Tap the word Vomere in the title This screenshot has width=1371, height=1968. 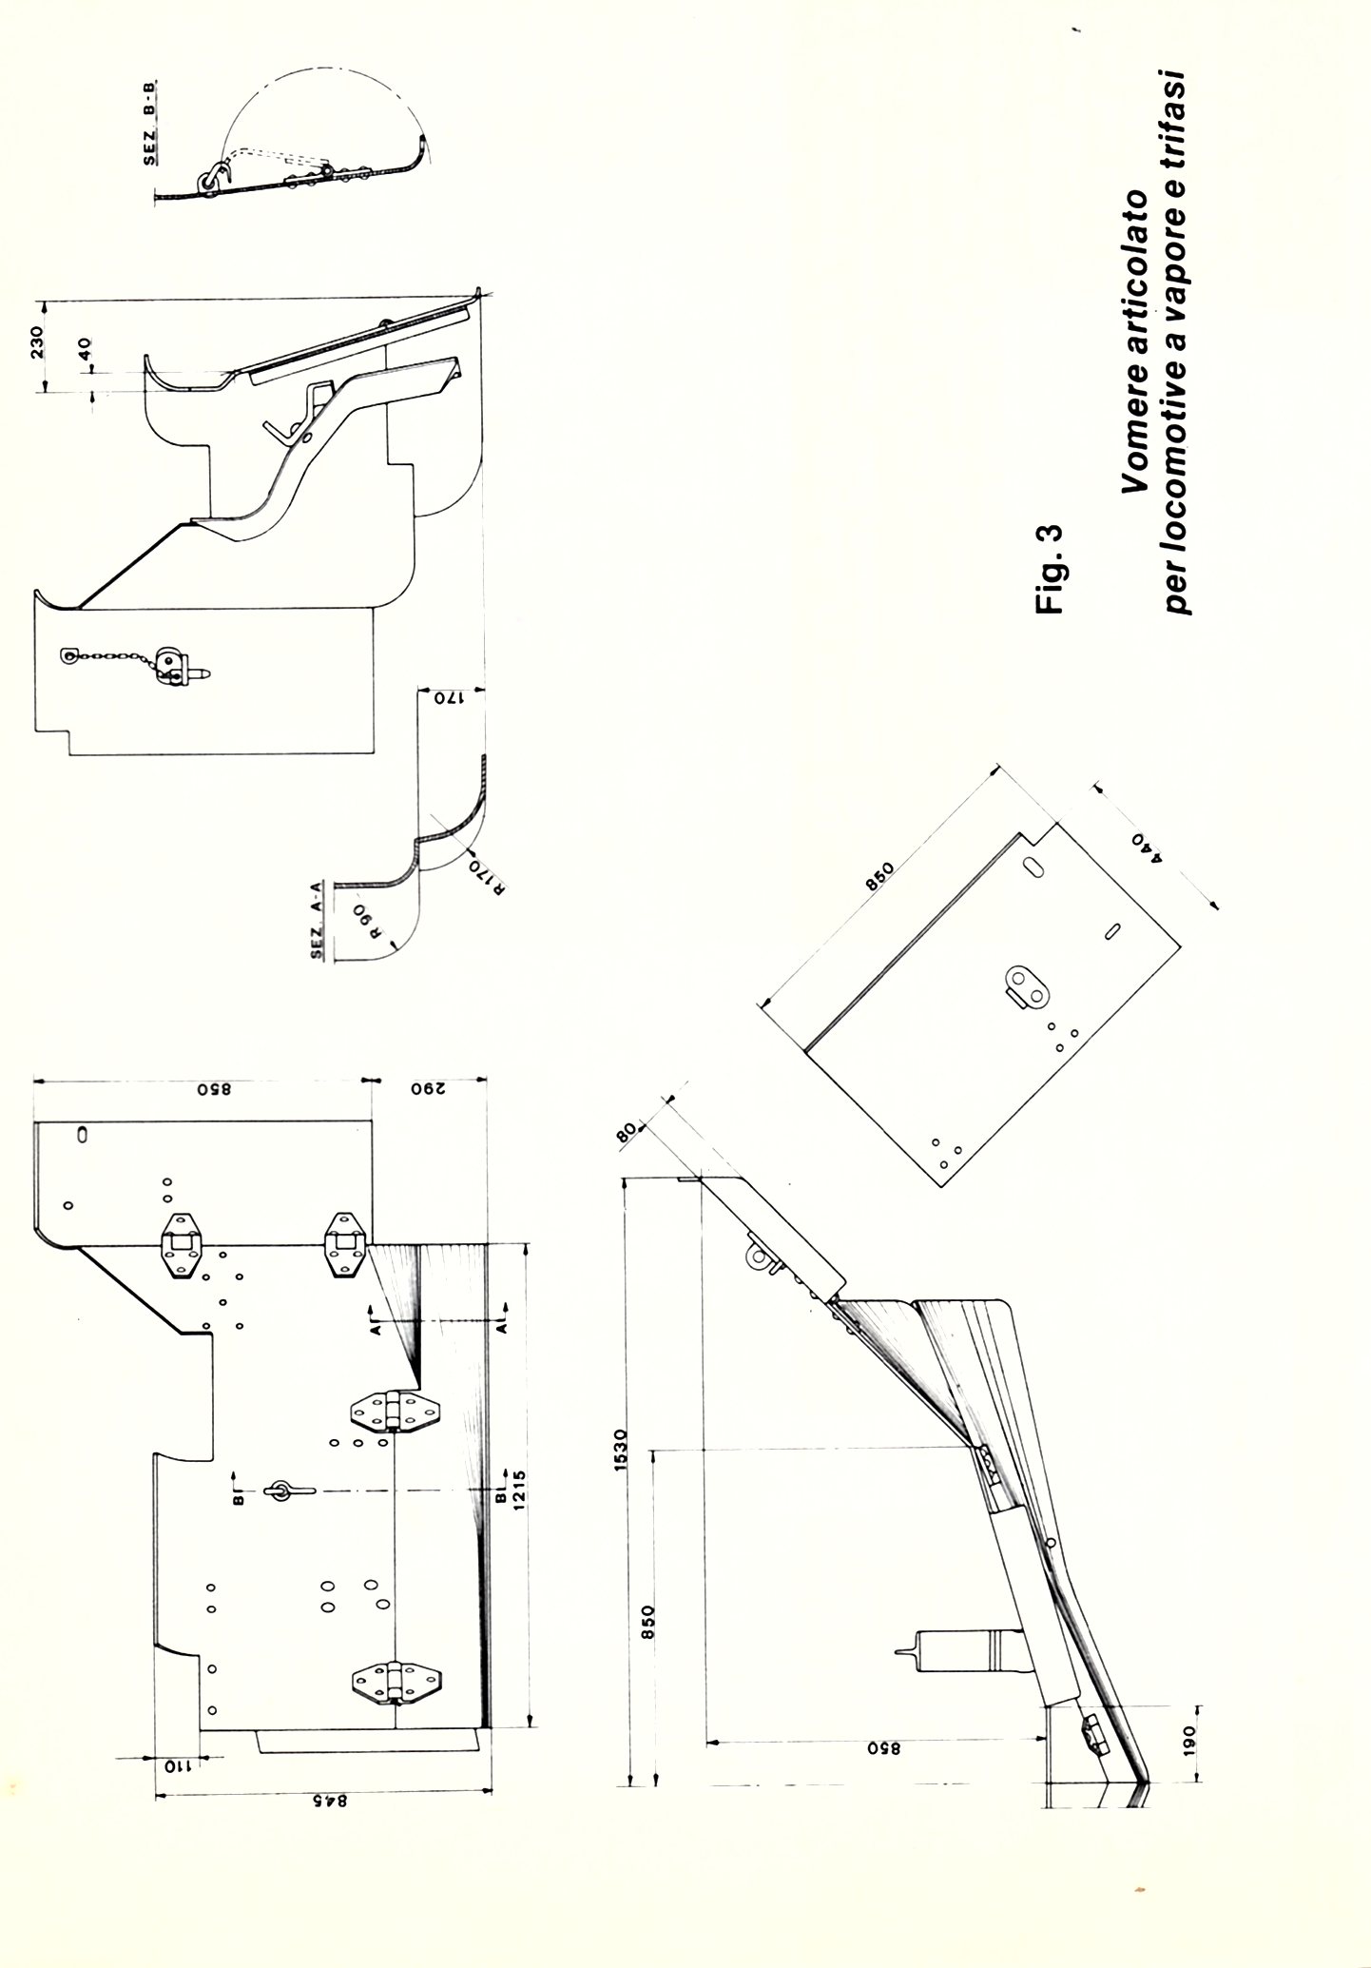click(x=1133, y=451)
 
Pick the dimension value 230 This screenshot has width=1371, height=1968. click(x=37, y=341)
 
